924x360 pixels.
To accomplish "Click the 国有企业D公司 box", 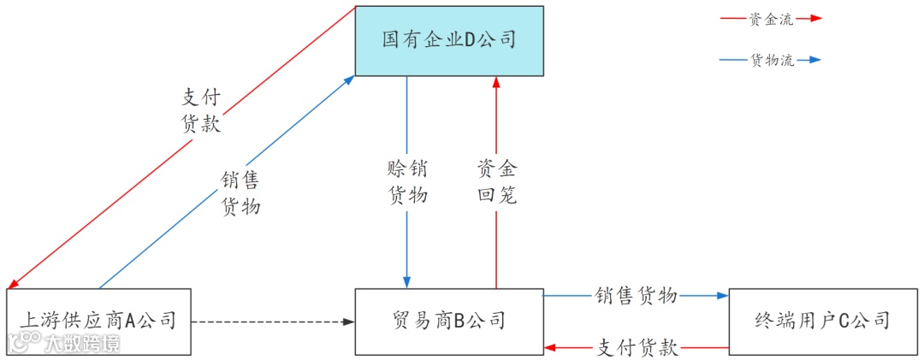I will pos(449,40).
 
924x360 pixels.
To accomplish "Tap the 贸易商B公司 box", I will pos(449,322).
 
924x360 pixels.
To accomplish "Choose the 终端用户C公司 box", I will pos(822,322).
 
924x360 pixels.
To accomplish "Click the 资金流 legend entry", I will pos(770,17).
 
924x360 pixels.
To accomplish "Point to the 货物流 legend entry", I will pos(770,61).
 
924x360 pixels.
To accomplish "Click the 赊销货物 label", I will pos(406,181).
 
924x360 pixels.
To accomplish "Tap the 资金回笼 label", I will pos(496,181).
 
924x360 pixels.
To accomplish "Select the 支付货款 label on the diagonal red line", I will pos(201,110).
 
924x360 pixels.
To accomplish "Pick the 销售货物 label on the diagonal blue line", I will pos(240,193).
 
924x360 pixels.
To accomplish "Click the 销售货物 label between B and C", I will pos(637,296).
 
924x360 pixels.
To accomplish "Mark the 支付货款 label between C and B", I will pos(637,348).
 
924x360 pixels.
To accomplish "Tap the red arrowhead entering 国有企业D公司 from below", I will pos(496,81).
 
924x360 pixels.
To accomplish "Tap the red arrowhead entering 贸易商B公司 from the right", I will pos(550,348).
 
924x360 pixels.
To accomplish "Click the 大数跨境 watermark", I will pos(64,343).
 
